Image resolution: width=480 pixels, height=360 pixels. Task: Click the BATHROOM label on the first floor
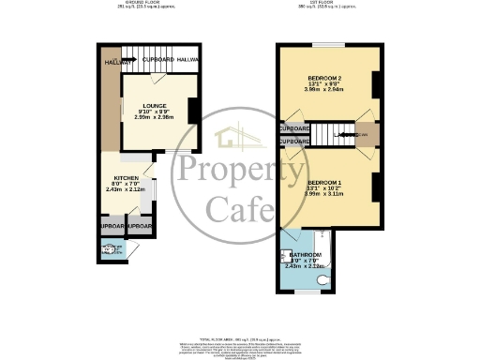tap(305, 255)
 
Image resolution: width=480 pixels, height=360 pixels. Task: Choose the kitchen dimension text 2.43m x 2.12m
tap(126, 189)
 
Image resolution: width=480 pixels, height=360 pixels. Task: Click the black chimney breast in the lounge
tap(191, 110)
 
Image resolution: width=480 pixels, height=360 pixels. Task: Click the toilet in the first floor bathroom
tap(322, 278)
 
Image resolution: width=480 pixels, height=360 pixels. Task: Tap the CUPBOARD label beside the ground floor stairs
tap(158, 60)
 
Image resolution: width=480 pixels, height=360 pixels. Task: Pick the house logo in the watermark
tap(239, 138)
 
